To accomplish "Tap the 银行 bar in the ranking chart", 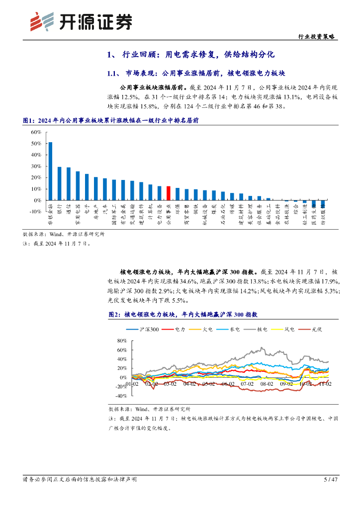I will [x=60, y=183].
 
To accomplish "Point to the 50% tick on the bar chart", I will [x=36, y=144].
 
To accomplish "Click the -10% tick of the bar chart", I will [x=35, y=212].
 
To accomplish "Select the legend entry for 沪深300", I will [x=143, y=330].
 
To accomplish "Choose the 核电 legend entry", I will [x=257, y=330].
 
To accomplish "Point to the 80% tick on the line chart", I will [x=121, y=341].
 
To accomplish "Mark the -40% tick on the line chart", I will [x=121, y=396].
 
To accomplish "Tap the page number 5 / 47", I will [x=330, y=480].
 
